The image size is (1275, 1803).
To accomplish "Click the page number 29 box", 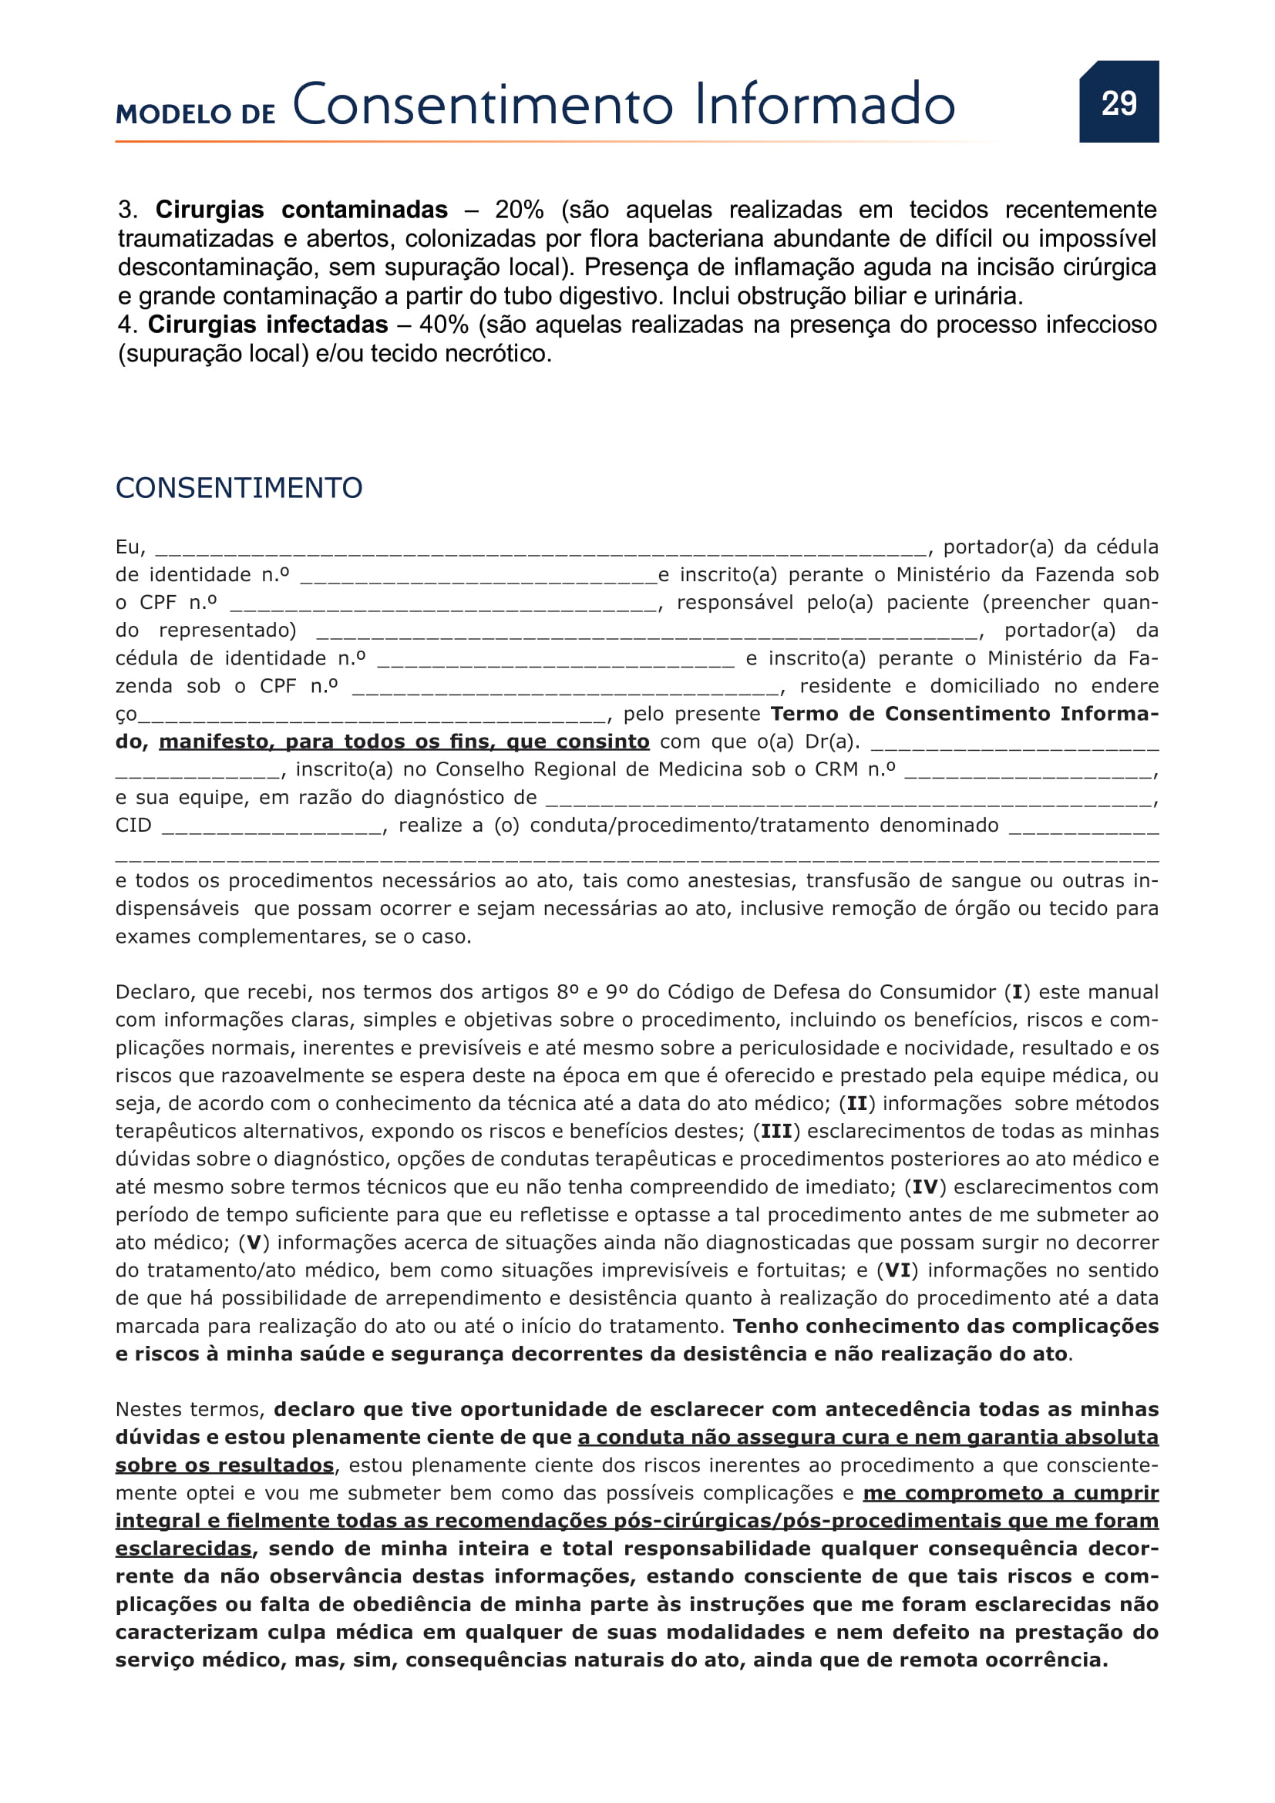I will pos(1118,102).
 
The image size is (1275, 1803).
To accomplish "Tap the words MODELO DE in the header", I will pos(195,115).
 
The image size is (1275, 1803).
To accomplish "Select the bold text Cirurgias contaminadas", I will pos(301,210).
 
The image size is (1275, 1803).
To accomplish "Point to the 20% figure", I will pos(519,210).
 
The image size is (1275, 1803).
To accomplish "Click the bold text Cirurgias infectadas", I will pos(267,325).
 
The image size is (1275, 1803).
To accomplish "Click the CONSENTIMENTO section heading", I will pos(239,488).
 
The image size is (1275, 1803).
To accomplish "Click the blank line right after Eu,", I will pos(540,547).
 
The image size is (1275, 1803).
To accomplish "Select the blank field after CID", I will pos(271,826).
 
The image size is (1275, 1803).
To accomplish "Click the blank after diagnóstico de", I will pos(848,798).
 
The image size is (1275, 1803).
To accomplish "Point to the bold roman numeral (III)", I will pos(775,1132).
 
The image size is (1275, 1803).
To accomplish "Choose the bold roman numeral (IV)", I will pos(925,1187).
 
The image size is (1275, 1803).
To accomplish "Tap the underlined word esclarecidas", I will pos(183,1549).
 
